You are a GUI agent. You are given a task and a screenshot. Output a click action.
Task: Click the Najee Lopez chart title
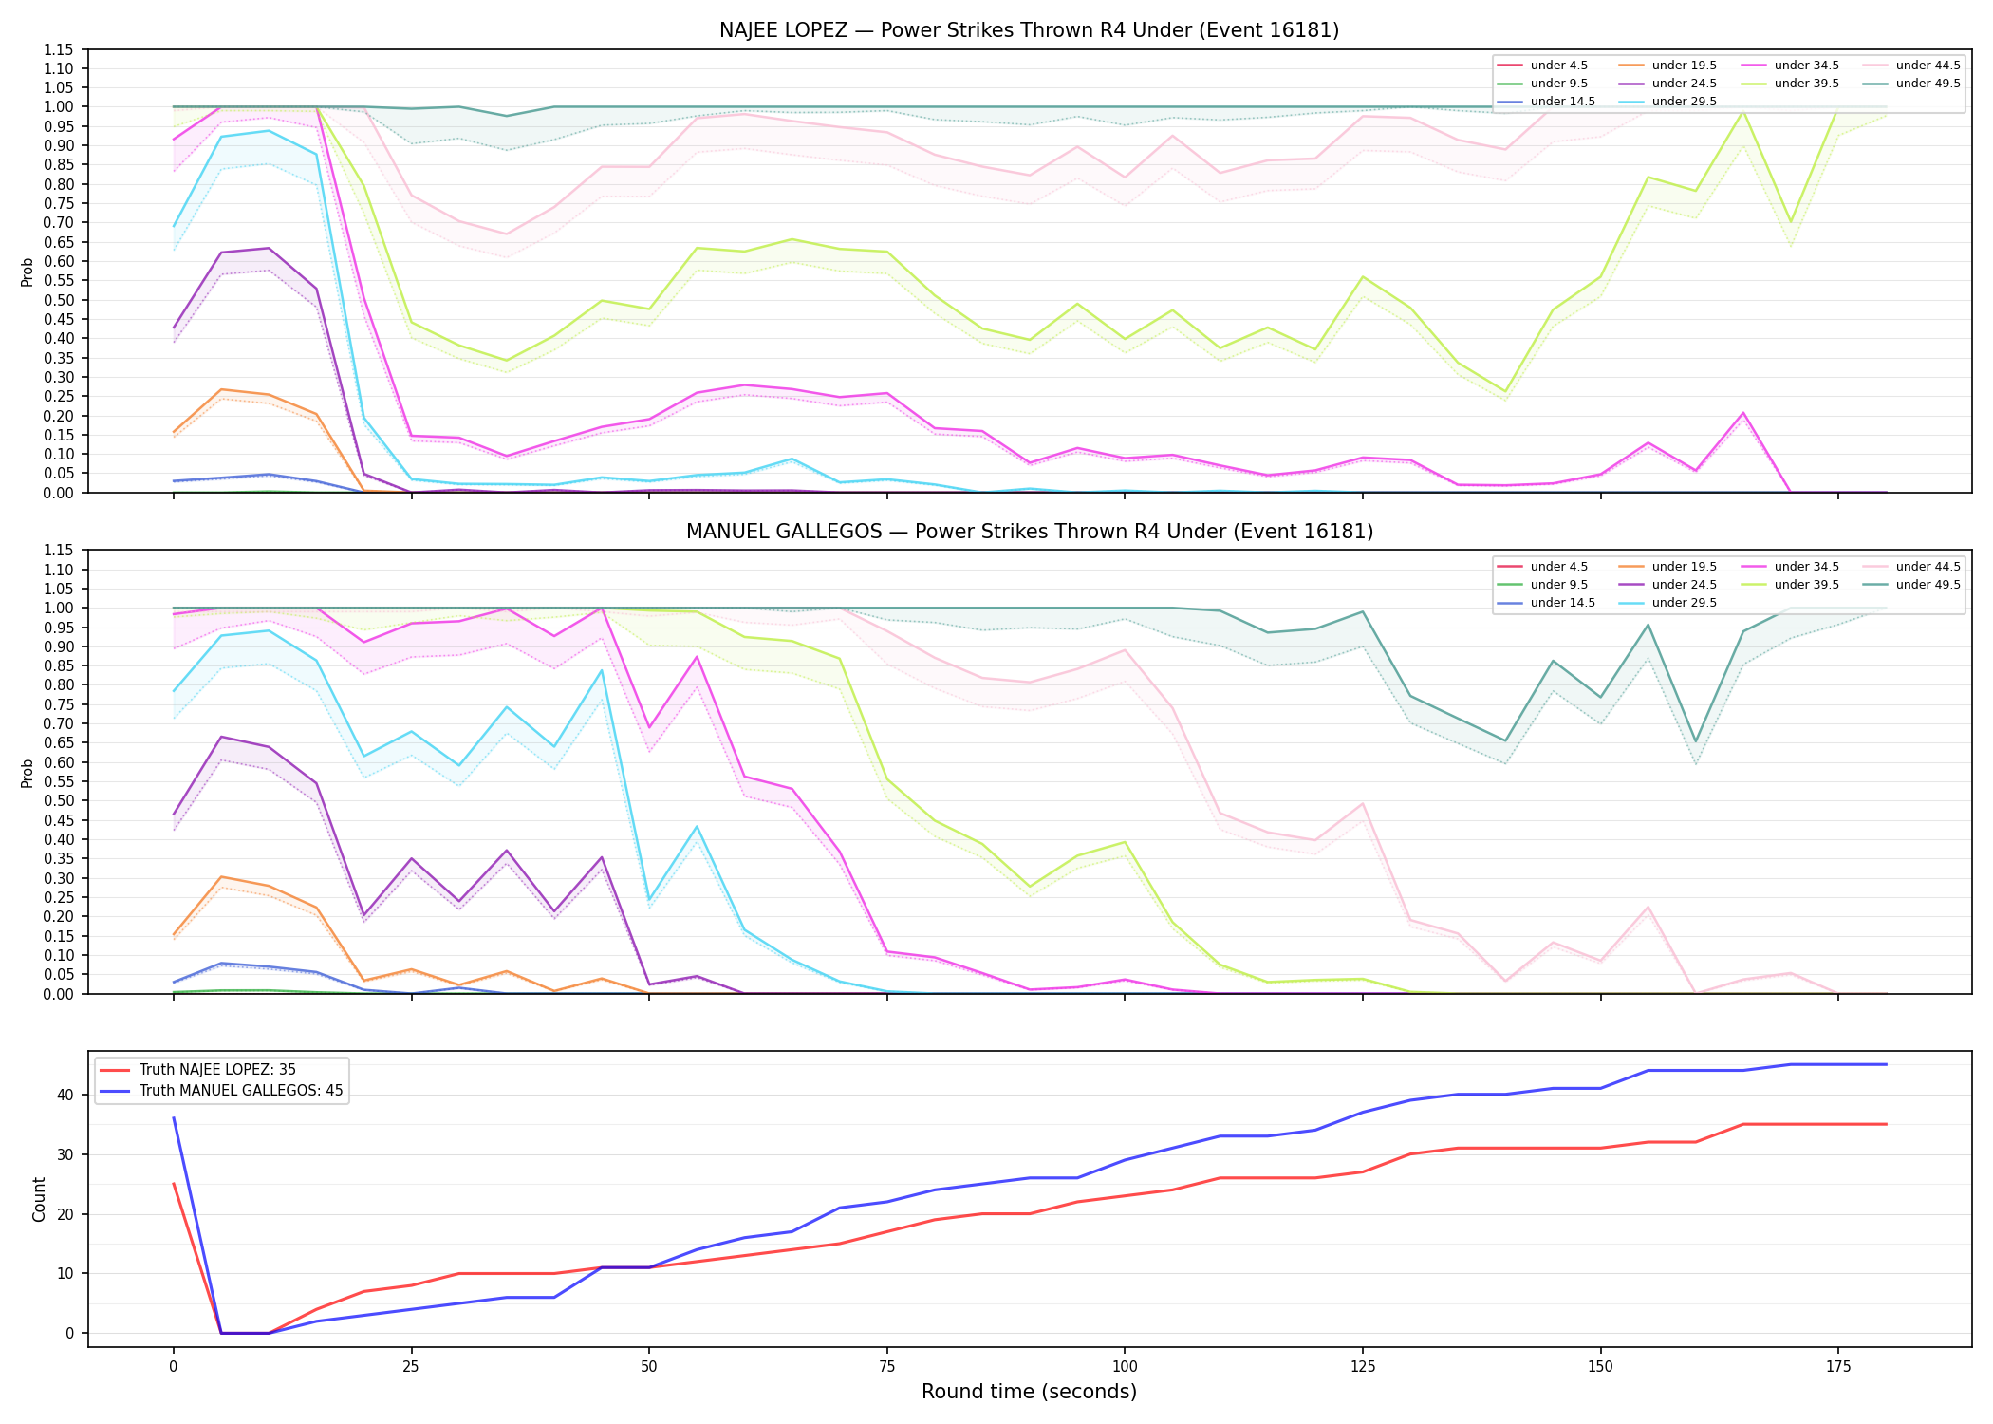pos(1029,30)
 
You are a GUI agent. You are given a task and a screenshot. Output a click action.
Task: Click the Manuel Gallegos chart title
pos(1029,532)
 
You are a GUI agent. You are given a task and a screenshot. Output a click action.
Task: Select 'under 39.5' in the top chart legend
pos(1806,84)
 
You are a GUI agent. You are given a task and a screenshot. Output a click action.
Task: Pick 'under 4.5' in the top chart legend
pos(1558,66)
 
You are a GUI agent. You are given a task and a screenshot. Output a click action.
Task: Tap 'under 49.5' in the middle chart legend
pos(1928,585)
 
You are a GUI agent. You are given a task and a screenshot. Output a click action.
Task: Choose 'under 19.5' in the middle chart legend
pos(1684,567)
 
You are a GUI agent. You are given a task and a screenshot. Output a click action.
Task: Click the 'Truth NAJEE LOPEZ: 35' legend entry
pos(217,1070)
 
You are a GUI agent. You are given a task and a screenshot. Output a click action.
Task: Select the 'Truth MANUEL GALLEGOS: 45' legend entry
pos(241,1091)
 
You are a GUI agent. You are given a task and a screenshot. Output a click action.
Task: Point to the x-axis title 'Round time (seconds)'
pos(1029,1392)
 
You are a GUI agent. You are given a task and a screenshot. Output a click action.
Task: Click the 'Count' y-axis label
pos(39,1199)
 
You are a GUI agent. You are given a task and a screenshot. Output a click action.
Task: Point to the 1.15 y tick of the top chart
pos(59,49)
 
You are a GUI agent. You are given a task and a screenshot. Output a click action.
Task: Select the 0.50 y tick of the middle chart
pos(59,800)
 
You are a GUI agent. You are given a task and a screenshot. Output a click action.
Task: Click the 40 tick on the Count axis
pos(65,1095)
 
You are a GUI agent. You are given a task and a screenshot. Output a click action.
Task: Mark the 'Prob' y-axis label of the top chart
pos(28,272)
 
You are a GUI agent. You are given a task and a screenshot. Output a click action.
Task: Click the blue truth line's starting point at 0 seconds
pos(174,1118)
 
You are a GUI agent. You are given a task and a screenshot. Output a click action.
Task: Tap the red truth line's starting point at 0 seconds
pos(174,1184)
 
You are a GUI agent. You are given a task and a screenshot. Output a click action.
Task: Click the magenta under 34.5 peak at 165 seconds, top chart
pos(1743,413)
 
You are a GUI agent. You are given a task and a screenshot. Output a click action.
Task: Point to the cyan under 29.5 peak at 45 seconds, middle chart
pos(602,671)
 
